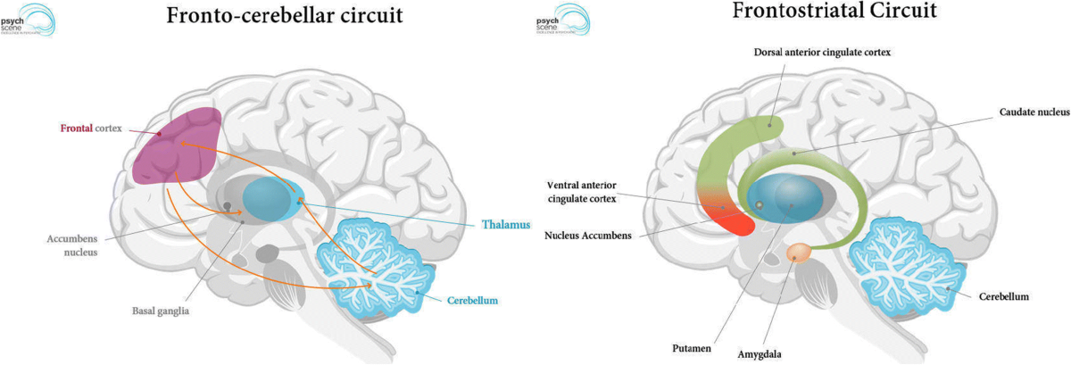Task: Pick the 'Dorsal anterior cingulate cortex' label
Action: (821, 54)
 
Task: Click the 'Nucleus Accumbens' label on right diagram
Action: (588, 236)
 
